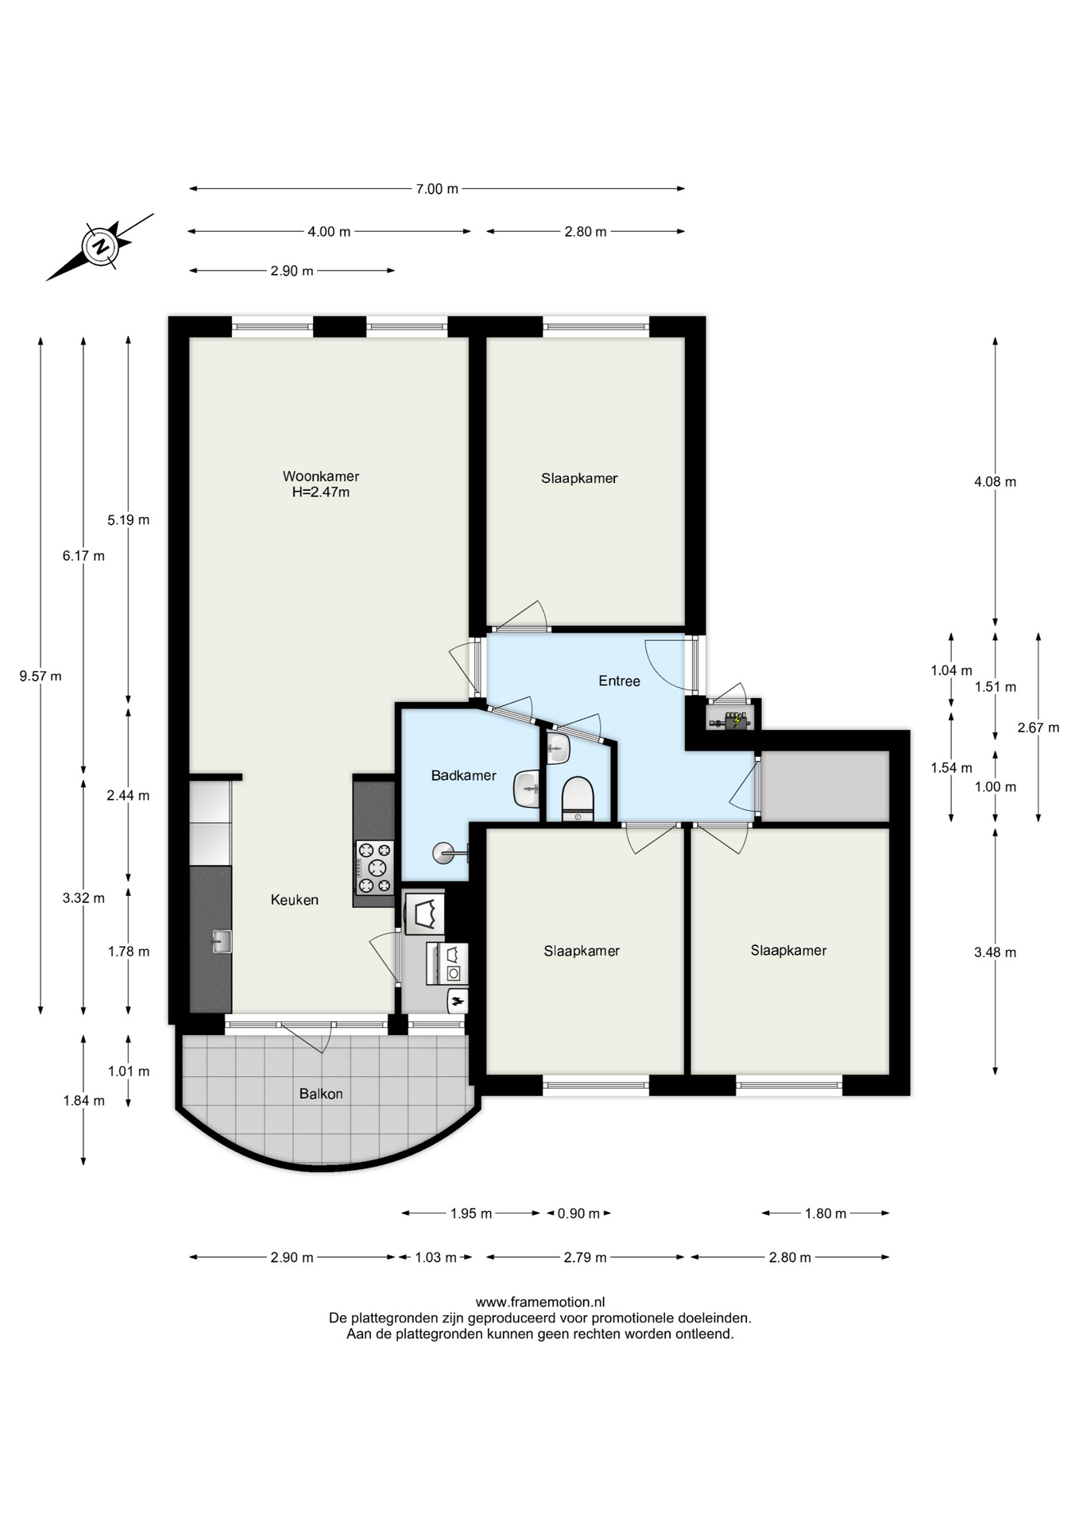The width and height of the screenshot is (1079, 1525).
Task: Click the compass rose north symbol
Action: pyautogui.click(x=100, y=246)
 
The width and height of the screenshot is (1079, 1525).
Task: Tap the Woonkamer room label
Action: pyautogui.click(x=321, y=477)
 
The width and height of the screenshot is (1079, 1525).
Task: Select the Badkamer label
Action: pyautogui.click(x=464, y=775)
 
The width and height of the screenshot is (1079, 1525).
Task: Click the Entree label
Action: pyautogui.click(x=619, y=681)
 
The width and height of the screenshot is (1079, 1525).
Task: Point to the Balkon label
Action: pyautogui.click(x=321, y=1094)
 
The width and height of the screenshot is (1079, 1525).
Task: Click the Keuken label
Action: pyautogui.click(x=295, y=900)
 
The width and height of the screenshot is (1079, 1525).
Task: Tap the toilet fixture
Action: pyautogui.click(x=578, y=799)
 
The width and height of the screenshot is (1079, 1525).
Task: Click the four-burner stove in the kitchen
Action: pyautogui.click(x=375, y=867)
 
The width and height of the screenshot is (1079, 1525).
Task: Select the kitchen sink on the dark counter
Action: pyautogui.click(x=222, y=941)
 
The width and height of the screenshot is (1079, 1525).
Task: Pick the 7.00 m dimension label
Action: pyautogui.click(x=437, y=189)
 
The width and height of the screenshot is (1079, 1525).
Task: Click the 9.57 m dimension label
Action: pyautogui.click(x=41, y=677)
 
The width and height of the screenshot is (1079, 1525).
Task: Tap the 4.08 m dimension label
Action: pyautogui.click(x=995, y=481)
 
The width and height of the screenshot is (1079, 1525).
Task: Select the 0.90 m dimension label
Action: pyautogui.click(x=578, y=1213)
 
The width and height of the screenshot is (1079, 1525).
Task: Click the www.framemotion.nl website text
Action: pyautogui.click(x=540, y=1302)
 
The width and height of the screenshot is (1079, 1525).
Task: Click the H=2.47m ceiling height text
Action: pyautogui.click(x=321, y=492)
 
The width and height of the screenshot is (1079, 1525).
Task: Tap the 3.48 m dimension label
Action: pyautogui.click(x=995, y=952)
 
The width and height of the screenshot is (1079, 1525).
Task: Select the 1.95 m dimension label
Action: pyautogui.click(x=471, y=1213)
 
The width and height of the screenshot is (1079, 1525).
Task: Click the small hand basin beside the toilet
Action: pyautogui.click(x=559, y=747)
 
